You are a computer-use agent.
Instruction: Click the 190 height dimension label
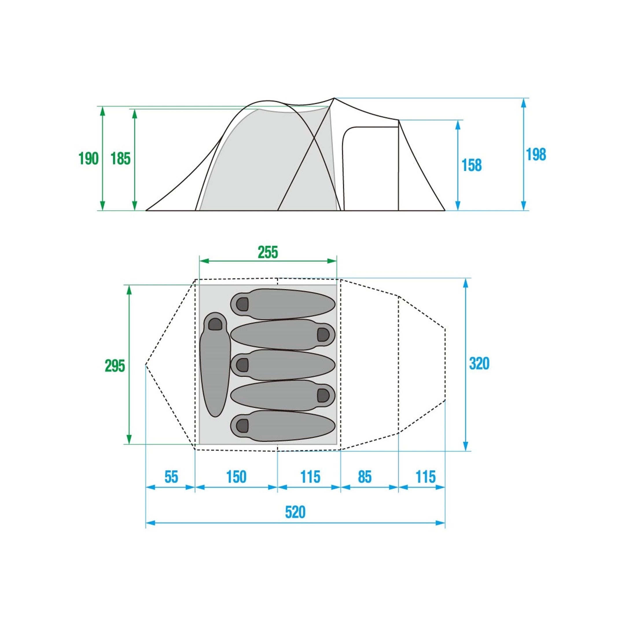[x=89, y=159]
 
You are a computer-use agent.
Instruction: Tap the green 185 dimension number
[x=120, y=159]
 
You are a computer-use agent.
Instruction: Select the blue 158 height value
[x=471, y=165]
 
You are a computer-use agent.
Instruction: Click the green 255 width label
[x=268, y=252]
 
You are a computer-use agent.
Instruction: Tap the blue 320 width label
[x=479, y=364]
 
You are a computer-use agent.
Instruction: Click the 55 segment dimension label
[x=171, y=477]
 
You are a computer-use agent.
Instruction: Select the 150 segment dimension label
[x=236, y=477]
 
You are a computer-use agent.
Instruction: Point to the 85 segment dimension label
[x=365, y=477]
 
